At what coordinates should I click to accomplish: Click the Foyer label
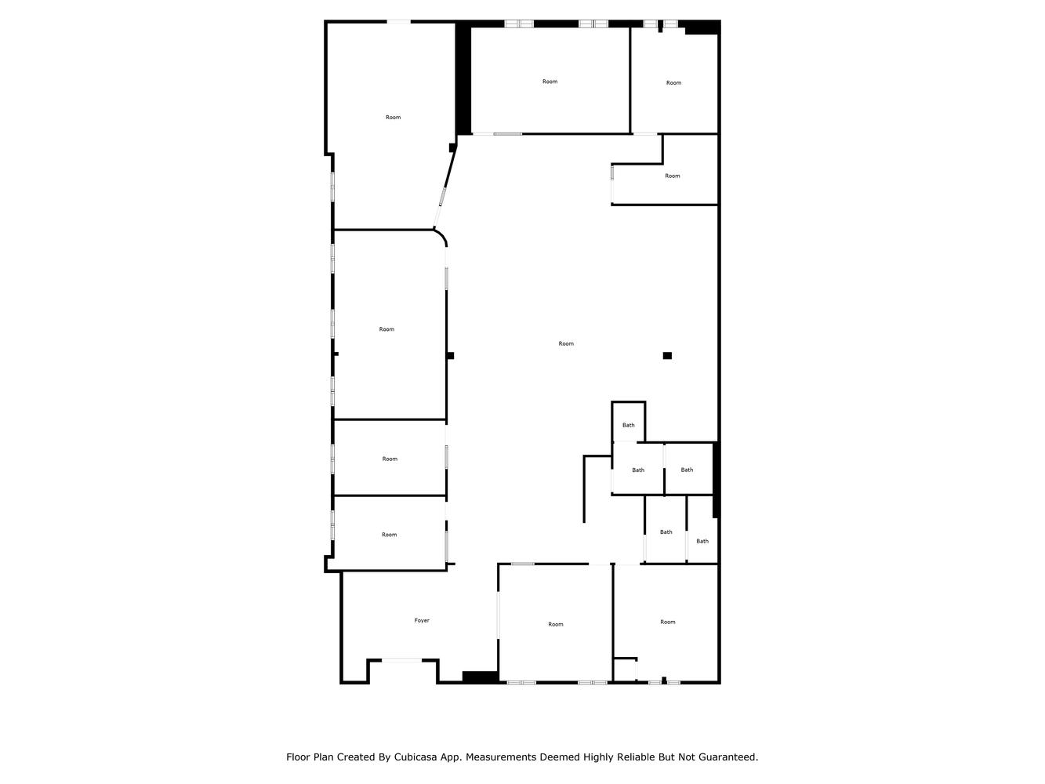tap(421, 620)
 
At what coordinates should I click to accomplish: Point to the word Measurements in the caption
tap(498, 757)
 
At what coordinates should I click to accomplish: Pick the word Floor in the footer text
tap(298, 757)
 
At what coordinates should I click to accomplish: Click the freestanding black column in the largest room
tap(667, 356)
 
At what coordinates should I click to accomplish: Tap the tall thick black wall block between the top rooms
tap(463, 78)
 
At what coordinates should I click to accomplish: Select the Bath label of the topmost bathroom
tap(629, 425)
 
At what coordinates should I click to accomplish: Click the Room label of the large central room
tap(566, 343)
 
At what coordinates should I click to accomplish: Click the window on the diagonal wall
tap(442, 197)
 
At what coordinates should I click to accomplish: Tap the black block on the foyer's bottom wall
tap(481, 677)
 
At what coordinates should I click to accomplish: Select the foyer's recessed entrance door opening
tap(401, 660)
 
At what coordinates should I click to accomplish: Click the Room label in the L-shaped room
tap(672, 176)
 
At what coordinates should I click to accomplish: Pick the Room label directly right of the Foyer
tap(556, 624)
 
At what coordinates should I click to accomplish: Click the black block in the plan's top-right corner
tap(702, 27)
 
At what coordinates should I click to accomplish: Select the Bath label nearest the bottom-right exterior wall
tap(702, 541)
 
